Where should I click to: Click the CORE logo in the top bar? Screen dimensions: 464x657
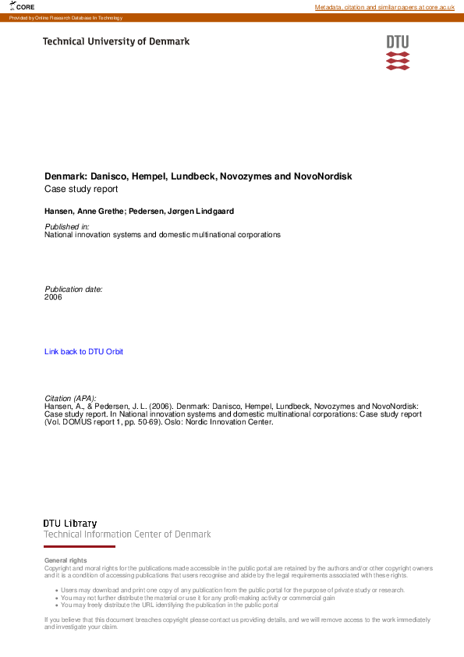click(23, 6)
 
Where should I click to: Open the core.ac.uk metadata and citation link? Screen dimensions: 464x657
click(384, 7)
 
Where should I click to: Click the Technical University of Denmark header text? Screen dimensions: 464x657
click(115, 41)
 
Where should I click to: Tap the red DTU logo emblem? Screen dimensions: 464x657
click(397, 52)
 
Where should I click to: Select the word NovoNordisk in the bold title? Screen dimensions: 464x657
click(322, 176)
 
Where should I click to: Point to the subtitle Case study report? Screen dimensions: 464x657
click(81, 189)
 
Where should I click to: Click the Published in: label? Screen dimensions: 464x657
click(67, 226)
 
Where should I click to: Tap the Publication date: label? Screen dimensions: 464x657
click(73, 289)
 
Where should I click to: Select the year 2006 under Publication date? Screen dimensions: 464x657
click(53, 297)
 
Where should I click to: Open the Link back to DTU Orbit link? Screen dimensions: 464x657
click(83, 352)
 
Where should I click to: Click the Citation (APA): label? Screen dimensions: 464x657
click(70, 399)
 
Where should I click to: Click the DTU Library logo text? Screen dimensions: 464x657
click(70, 524)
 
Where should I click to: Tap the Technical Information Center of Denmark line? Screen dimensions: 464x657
click(127, 534)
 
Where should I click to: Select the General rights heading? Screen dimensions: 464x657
click(66, 560)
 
